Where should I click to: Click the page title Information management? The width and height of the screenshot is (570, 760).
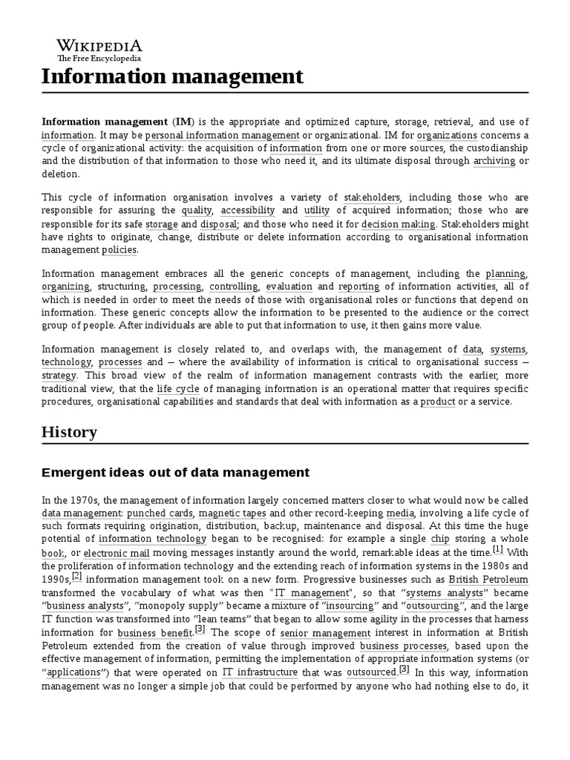(x=172, y=76)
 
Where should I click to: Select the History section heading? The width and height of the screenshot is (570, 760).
(x=69, y=432)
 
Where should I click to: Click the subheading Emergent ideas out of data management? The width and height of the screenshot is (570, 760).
(x=175, y=472)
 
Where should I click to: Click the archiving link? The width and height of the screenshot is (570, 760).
(x=494, y=160)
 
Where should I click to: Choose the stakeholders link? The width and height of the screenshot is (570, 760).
(x=372, y=197)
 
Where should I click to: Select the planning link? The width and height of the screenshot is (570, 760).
(x=505, y=274)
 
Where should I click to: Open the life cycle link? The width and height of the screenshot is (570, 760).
(x=175, y=388)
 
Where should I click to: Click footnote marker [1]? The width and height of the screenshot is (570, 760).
(x=498, y=551)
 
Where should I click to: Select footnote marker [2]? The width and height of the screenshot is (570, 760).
(x=77, y=577)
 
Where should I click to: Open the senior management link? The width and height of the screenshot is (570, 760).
(x=315, y=633)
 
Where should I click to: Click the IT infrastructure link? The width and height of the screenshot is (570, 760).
(x=260, y=672)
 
